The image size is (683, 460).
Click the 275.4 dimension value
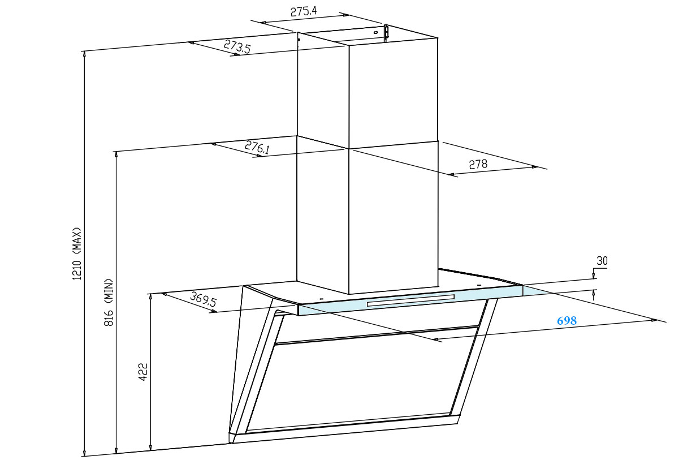click(304, 11)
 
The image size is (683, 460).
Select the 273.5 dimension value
click(237, 46)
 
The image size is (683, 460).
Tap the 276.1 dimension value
click(257, 147)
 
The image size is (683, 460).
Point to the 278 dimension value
click(478, 165)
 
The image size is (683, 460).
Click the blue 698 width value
click(567, 321)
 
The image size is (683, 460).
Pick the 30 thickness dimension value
click(602, 261)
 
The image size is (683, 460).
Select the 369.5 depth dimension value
click(203, 299)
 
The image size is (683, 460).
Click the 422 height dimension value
click(143, 372)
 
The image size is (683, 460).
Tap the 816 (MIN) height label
click(109, 302)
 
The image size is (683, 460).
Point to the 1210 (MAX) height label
click(77, 253)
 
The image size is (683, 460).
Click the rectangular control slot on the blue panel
click(410, 300)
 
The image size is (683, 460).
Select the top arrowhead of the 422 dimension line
click(150, 298)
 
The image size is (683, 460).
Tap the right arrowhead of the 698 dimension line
click(654, 320)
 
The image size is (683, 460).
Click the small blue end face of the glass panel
click(534, 290)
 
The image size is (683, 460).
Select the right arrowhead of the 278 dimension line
click(534, 167)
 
